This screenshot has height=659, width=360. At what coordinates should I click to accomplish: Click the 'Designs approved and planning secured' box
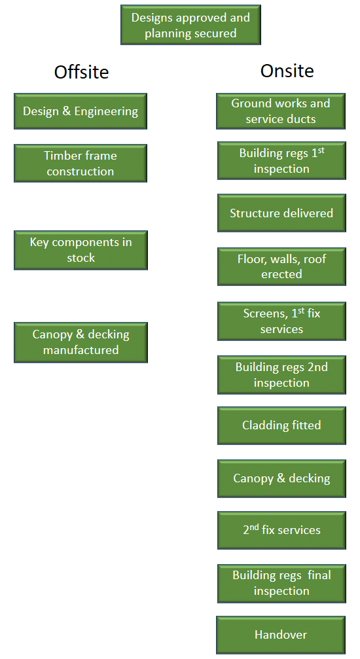(x=190, y=26)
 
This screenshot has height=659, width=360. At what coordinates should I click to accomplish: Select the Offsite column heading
(x=81, y=71)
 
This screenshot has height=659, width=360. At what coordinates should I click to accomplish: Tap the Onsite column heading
(x=287, y=71)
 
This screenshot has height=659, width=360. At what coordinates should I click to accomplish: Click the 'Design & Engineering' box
(x=81, y=111)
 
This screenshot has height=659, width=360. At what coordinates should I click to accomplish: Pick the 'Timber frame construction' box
(x=81, y=164)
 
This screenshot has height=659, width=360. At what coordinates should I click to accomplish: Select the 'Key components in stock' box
(x=81, y=250)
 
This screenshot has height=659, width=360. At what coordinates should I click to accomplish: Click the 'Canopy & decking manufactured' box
(x=81, y=342)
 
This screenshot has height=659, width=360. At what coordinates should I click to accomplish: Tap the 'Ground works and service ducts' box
(x=281, y=111)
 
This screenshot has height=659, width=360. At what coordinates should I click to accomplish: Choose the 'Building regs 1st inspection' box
(x=281, y=161)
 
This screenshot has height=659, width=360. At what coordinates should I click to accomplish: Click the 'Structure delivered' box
(x=281, y=213)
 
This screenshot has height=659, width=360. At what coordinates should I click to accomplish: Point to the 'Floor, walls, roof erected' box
(x=281, y=266)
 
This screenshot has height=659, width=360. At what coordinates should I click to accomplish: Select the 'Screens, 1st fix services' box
(x=281, y=321)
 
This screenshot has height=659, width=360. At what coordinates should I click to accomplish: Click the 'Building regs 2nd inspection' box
(x=281, y=375)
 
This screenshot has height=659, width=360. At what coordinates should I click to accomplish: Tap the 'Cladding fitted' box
(x=281, y=425)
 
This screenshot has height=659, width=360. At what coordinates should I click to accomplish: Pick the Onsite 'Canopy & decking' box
(x=281, y=478)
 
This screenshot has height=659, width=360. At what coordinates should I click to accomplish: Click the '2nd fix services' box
(x=281, y=529)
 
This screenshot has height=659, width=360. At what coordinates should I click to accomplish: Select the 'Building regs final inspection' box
(x=281, y=583)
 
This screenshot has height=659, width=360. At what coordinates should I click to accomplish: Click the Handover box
(x=281, y=635)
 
